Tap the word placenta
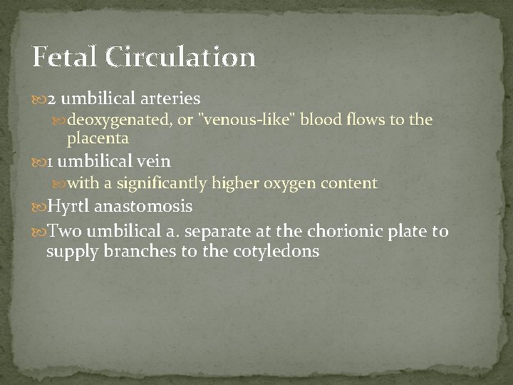[x=98, y=138]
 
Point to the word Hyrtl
[x=68, y=207]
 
